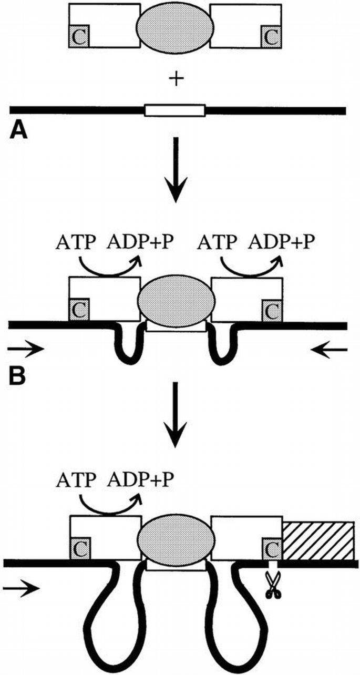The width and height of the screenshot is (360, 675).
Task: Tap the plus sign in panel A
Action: [176, 80]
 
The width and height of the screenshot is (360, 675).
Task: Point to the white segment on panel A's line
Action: [176, 110]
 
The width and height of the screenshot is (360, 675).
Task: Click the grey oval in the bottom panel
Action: [176, 539]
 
